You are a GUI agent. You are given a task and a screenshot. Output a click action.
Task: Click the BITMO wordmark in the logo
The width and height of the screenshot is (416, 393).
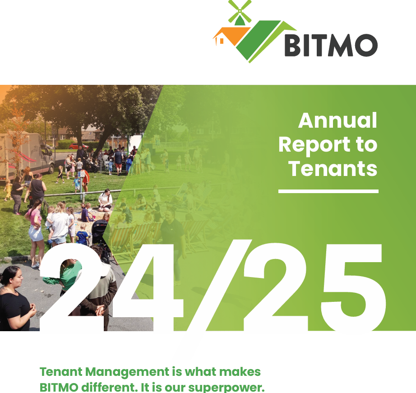[331, 45]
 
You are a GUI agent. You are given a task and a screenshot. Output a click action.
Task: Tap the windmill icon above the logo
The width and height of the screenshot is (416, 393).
[240, 12]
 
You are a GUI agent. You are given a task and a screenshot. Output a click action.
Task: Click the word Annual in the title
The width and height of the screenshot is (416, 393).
[337, 120]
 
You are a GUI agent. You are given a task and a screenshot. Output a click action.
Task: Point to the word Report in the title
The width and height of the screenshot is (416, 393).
[314, 145]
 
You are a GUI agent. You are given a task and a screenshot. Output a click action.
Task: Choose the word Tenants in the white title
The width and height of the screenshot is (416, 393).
[333, 168]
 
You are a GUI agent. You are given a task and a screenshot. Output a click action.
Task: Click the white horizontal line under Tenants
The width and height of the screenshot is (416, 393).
[328, 191]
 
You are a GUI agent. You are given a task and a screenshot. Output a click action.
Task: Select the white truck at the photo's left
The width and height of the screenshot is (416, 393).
[25, 153]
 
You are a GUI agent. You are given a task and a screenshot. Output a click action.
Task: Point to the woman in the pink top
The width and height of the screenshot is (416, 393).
[35, 226]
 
